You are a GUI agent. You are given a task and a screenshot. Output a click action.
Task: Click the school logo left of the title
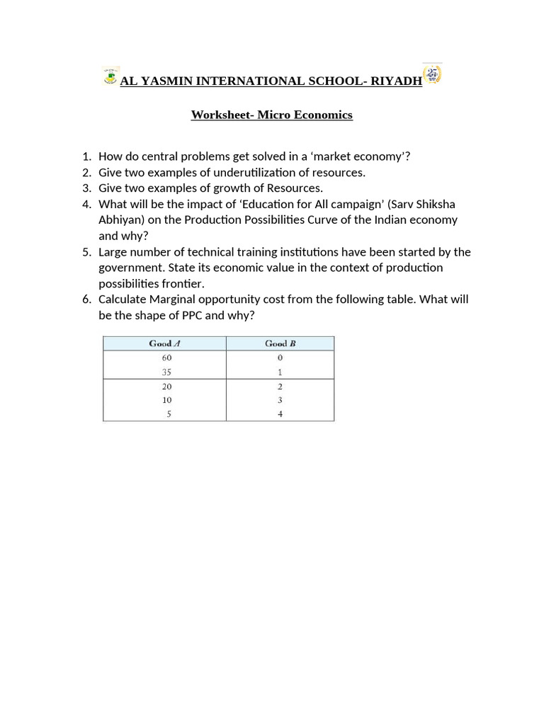[x=110, y=76]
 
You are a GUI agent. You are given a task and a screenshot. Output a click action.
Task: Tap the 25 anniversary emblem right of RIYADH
[x=432, y=74]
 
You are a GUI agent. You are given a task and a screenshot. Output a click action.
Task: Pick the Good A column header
[x=164, y=343]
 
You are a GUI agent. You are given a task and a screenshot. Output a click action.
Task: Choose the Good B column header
[x=280, y=343]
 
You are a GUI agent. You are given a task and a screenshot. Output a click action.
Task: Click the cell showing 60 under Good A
[x=166, y=358]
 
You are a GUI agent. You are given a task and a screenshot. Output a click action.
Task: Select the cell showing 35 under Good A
[x=166, y=372]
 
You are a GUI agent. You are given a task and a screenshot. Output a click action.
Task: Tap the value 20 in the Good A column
[x=166, y=387]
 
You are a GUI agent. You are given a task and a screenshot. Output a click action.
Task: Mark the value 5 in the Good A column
[x=169, y=414]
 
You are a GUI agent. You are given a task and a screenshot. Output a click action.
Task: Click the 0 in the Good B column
[x=280, y=358]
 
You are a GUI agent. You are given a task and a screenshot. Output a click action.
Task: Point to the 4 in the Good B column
[x=280, y=414]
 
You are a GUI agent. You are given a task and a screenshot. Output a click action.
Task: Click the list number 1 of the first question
[x=86, y=156]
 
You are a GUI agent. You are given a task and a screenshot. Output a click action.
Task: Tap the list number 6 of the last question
[x=86, y=299]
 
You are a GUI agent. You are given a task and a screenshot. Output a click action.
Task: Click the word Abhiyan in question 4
[x=121, y=220]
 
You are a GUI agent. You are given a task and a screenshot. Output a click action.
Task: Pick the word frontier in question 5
[x=181, y=284]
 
